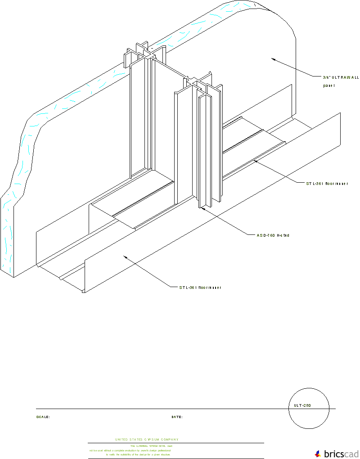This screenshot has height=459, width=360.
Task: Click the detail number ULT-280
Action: pos(302,405)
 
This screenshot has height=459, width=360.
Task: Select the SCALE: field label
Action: pos(43,417)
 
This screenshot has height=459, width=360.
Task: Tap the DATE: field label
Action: pos(177,417)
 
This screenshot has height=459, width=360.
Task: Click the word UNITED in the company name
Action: pos(121,439)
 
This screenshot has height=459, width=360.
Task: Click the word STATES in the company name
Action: pos(137,439)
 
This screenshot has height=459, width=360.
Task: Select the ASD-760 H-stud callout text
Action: pos(270,235)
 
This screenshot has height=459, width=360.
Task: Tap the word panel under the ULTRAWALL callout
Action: pos(329,85)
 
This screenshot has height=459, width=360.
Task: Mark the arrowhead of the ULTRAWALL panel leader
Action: pos(272,58)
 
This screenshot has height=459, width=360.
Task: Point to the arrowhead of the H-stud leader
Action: pos(202,208)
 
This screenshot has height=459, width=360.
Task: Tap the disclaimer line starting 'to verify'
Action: pos(138,454)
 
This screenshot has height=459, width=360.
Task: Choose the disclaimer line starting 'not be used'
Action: pos(130,450)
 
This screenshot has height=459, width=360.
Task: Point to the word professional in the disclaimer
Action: pos(161,450)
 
